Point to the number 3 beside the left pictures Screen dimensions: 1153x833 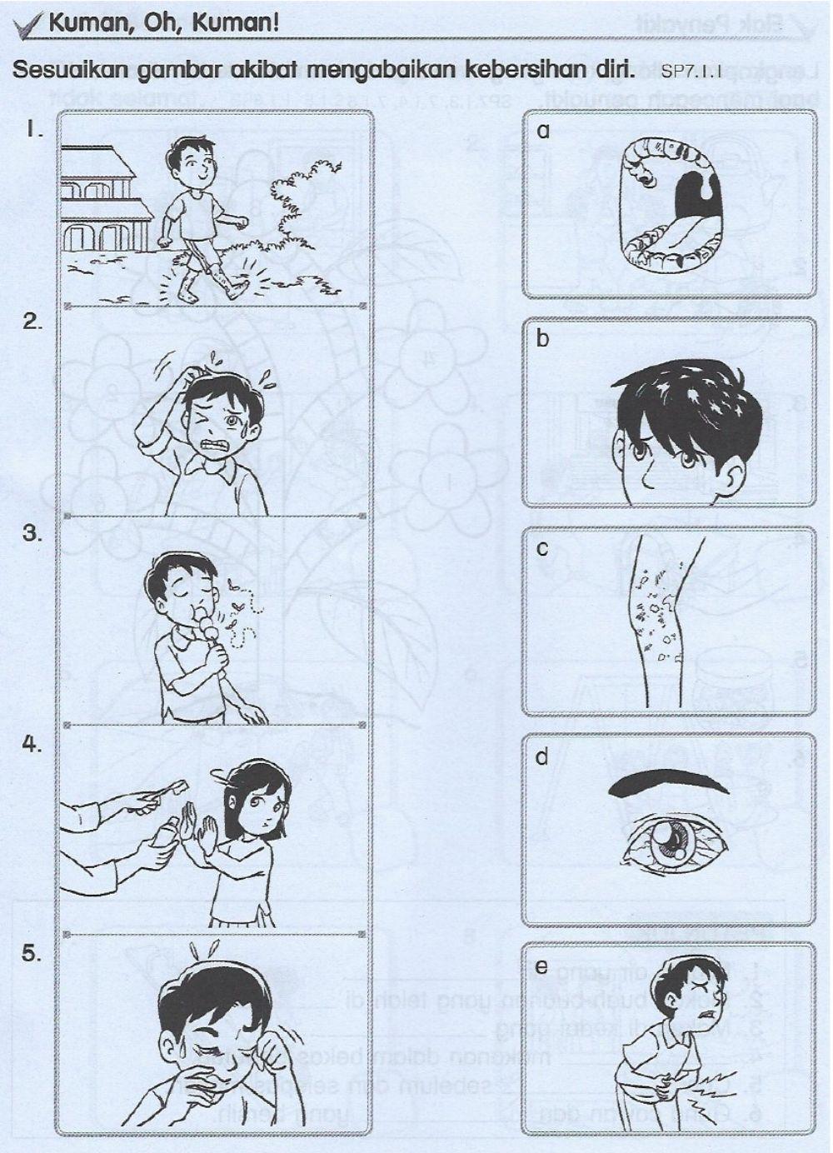pos(32,534)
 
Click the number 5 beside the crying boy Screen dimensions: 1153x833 pos(32,954)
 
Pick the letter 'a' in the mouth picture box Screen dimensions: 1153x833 pos(544,131)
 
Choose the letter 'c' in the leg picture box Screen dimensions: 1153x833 pos(542,549)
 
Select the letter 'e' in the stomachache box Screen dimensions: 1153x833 pos(542,967)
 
